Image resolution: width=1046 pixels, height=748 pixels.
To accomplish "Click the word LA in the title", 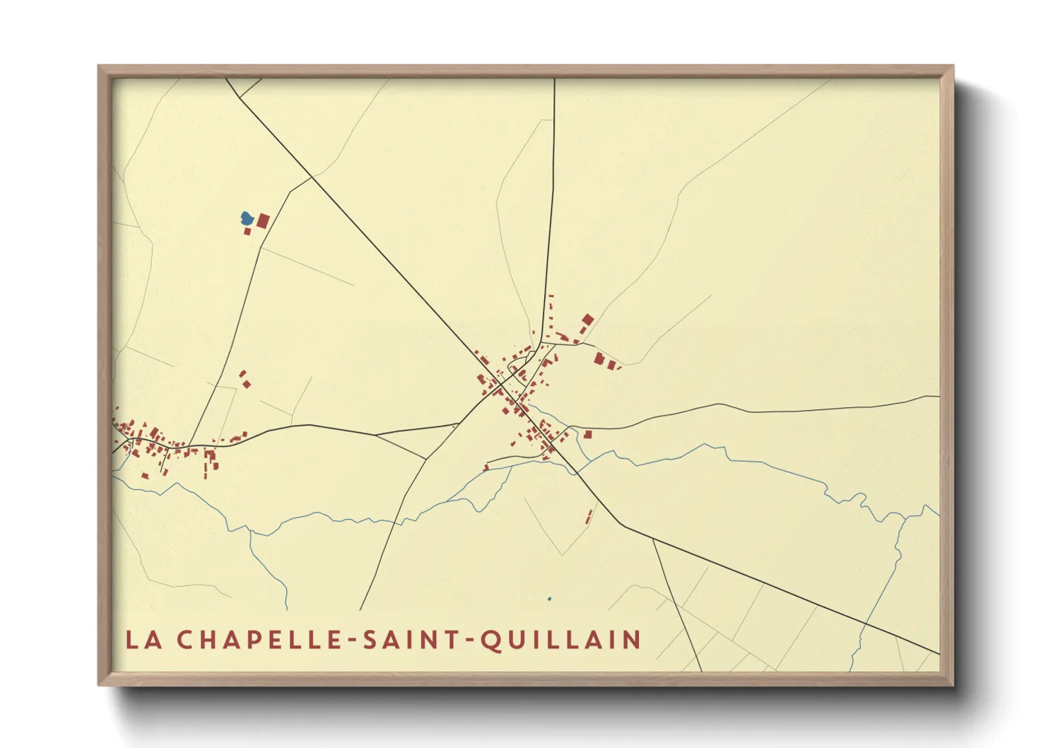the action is (x=143, y=640).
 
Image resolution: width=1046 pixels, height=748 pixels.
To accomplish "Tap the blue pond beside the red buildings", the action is (x=247, y=218).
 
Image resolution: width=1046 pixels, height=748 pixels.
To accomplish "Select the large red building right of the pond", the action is (x=263, y=221).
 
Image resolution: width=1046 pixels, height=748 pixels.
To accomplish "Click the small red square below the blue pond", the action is (x=247, y=231).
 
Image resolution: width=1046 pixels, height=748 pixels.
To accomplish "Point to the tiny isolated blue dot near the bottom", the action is (x=549, y=600).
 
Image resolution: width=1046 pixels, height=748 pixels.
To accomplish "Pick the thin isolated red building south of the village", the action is (x=589, y=516).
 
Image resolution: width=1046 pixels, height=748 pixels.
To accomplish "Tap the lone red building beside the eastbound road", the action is (x=587, y=434).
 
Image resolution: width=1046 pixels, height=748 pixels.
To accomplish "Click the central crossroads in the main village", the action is (x=500, y=384).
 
